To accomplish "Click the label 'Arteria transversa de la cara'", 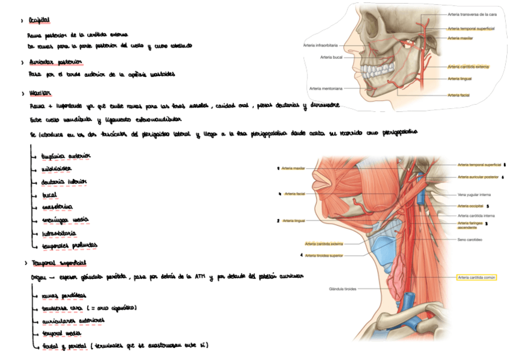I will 472,14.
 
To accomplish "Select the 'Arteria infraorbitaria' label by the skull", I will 320,45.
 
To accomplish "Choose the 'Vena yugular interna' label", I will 474,195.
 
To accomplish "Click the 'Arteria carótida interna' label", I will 476,215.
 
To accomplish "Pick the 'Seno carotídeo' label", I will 470,239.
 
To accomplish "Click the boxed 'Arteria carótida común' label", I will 476,278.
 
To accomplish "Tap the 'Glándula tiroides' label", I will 342,289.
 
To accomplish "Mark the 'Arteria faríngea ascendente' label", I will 470,225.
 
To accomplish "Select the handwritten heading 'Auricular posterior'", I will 55,62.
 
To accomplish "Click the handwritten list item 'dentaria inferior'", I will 64,181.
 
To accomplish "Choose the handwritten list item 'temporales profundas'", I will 69,245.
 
